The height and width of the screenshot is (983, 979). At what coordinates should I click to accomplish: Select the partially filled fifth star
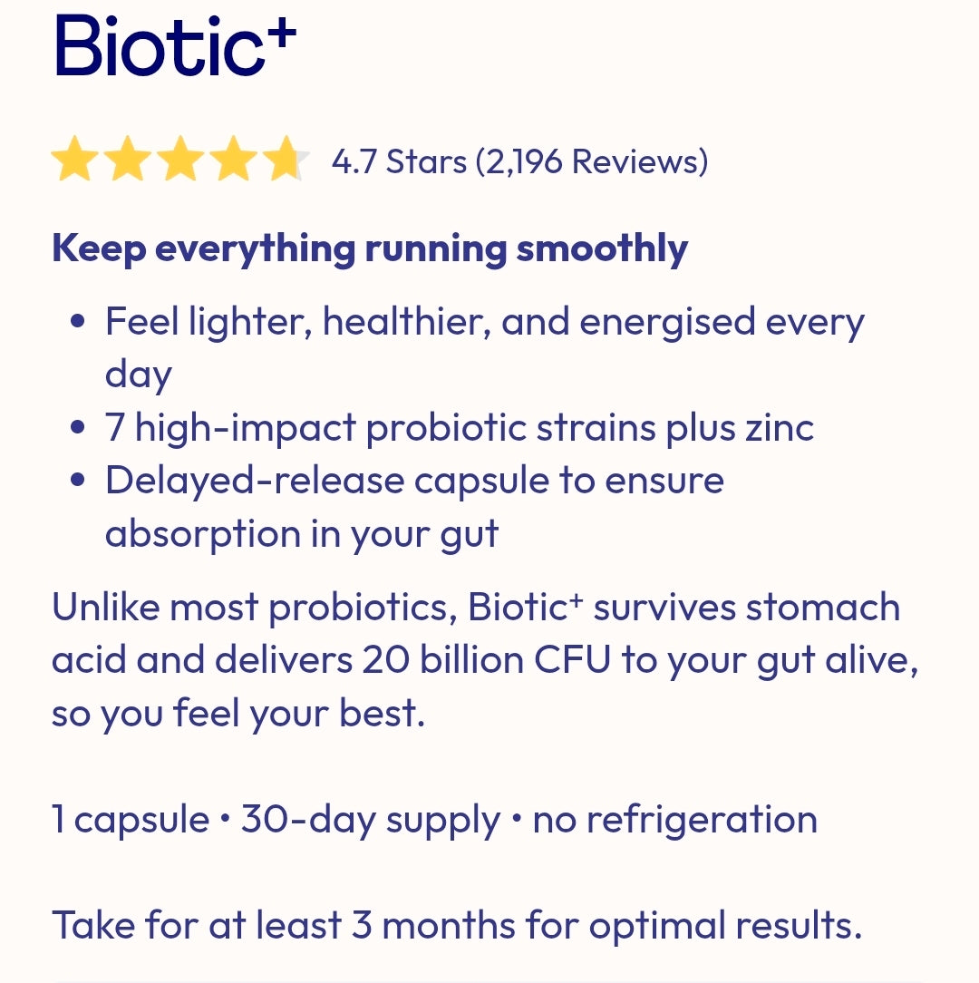pos(286,161)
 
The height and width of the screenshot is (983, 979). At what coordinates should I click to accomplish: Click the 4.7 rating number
pos(353,162)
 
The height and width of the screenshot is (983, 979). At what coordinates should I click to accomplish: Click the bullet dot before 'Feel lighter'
pos(78,322)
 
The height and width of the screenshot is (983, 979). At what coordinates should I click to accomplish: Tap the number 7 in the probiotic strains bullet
pos(115,427)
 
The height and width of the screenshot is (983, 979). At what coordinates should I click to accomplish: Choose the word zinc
pos(779,427)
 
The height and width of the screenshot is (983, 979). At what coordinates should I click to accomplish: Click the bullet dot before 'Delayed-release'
pos(78,481)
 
